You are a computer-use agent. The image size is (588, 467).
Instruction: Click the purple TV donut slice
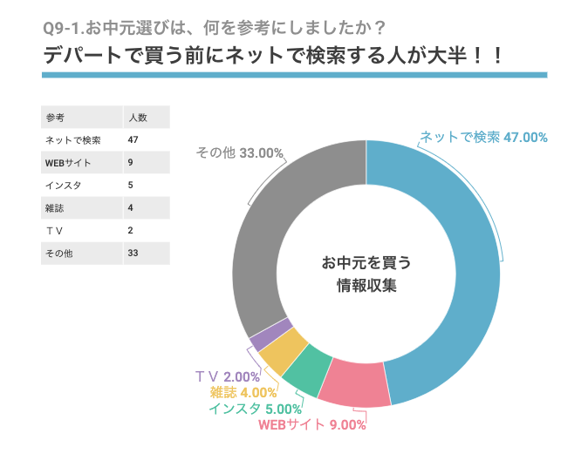pyautogui.click(x=270, y=335)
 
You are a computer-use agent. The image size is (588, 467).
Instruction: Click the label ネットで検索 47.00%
pyautogui.click(x=484, y=138)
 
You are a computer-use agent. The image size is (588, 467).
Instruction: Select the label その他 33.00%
pyautogui.click(x=239, y=152)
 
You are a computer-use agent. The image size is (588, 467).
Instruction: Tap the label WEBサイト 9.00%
pyautogui.click(x=312, y=425)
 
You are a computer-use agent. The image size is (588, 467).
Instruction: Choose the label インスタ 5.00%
pyautogui.click(x=256, y=409)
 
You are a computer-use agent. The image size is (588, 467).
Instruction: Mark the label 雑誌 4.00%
pyautogui.click(x=243, y=392)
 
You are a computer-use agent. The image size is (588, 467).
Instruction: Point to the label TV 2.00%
pyautogui.click(x=228, y=376)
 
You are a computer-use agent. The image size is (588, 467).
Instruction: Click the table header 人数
pyautogui.click(x=138, y=118)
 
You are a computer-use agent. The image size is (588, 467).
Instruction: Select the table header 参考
pyautogui.click(x=55, y=118)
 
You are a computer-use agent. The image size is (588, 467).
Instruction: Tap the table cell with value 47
pyautogui.click(x=133, y=140)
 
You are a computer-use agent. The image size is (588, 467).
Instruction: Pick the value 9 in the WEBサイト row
pyautogui.click(x=130, y=163)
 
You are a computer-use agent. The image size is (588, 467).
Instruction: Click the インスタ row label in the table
pyautogui.click(x=63, y=186)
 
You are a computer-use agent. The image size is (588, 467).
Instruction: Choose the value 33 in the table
pyautogui.click(x=133, y=254)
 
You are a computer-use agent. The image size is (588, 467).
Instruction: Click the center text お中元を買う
pyautogui.click(x=366, y=263)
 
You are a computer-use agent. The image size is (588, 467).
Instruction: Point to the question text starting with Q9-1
pyautogui.click(x=214, y=28)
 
